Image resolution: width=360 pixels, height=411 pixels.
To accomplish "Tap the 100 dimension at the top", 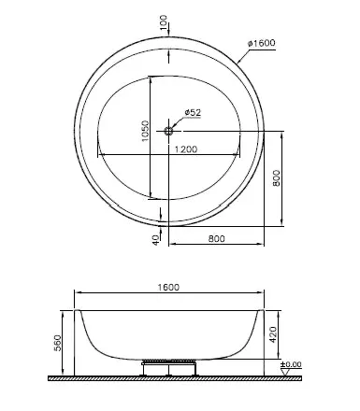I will [165, 22].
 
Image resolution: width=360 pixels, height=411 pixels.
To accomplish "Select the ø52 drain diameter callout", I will [193, 113].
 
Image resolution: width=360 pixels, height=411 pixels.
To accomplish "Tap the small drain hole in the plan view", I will [169, 131].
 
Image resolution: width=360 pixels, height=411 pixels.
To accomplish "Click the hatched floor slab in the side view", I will [168, 378].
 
